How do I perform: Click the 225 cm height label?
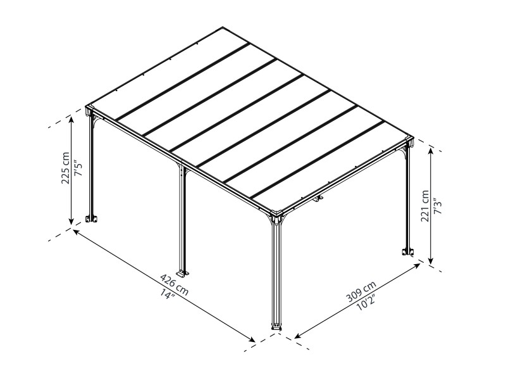click(66, 168)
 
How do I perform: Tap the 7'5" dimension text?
click(78, 168)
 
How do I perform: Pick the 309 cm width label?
click(361, 291)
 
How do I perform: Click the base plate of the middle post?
click(183, 273)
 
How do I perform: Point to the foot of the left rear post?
click(92, 218)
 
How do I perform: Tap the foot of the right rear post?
click(407, 251)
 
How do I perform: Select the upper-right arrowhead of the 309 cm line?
click(417, 265)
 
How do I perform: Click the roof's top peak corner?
click(223, 27)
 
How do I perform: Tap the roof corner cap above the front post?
click(276, 213)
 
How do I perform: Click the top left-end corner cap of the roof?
click(89, 108)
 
